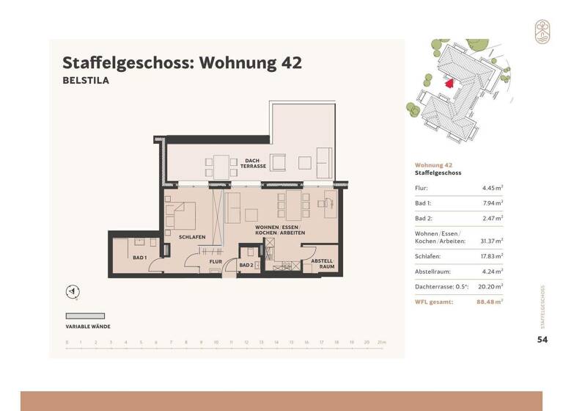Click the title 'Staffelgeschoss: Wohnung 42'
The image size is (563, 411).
pos(182,62)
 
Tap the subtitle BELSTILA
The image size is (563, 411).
pos(86,81)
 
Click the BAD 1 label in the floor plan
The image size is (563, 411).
pos(140,258)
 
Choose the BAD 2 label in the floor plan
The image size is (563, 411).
pos(246,265)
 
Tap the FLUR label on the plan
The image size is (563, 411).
pos(216,261)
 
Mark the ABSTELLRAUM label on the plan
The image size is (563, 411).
pos(323,263)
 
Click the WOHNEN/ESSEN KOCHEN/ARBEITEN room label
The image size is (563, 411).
pos(279,230)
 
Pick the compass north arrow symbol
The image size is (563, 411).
pos(73,292)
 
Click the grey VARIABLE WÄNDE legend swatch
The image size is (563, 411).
pos(84,315)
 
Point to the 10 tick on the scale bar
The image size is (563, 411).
pos(216,343)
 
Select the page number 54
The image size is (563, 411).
pos(542,339)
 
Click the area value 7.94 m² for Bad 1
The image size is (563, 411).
pos(491,203)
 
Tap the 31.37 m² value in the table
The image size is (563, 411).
pos(490,241)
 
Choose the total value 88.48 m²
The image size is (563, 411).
pos(489,302)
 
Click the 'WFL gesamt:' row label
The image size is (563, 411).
pos(434,302)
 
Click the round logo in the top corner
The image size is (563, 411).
pos(542,32)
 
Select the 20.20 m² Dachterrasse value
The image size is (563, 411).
pos(490,287)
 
